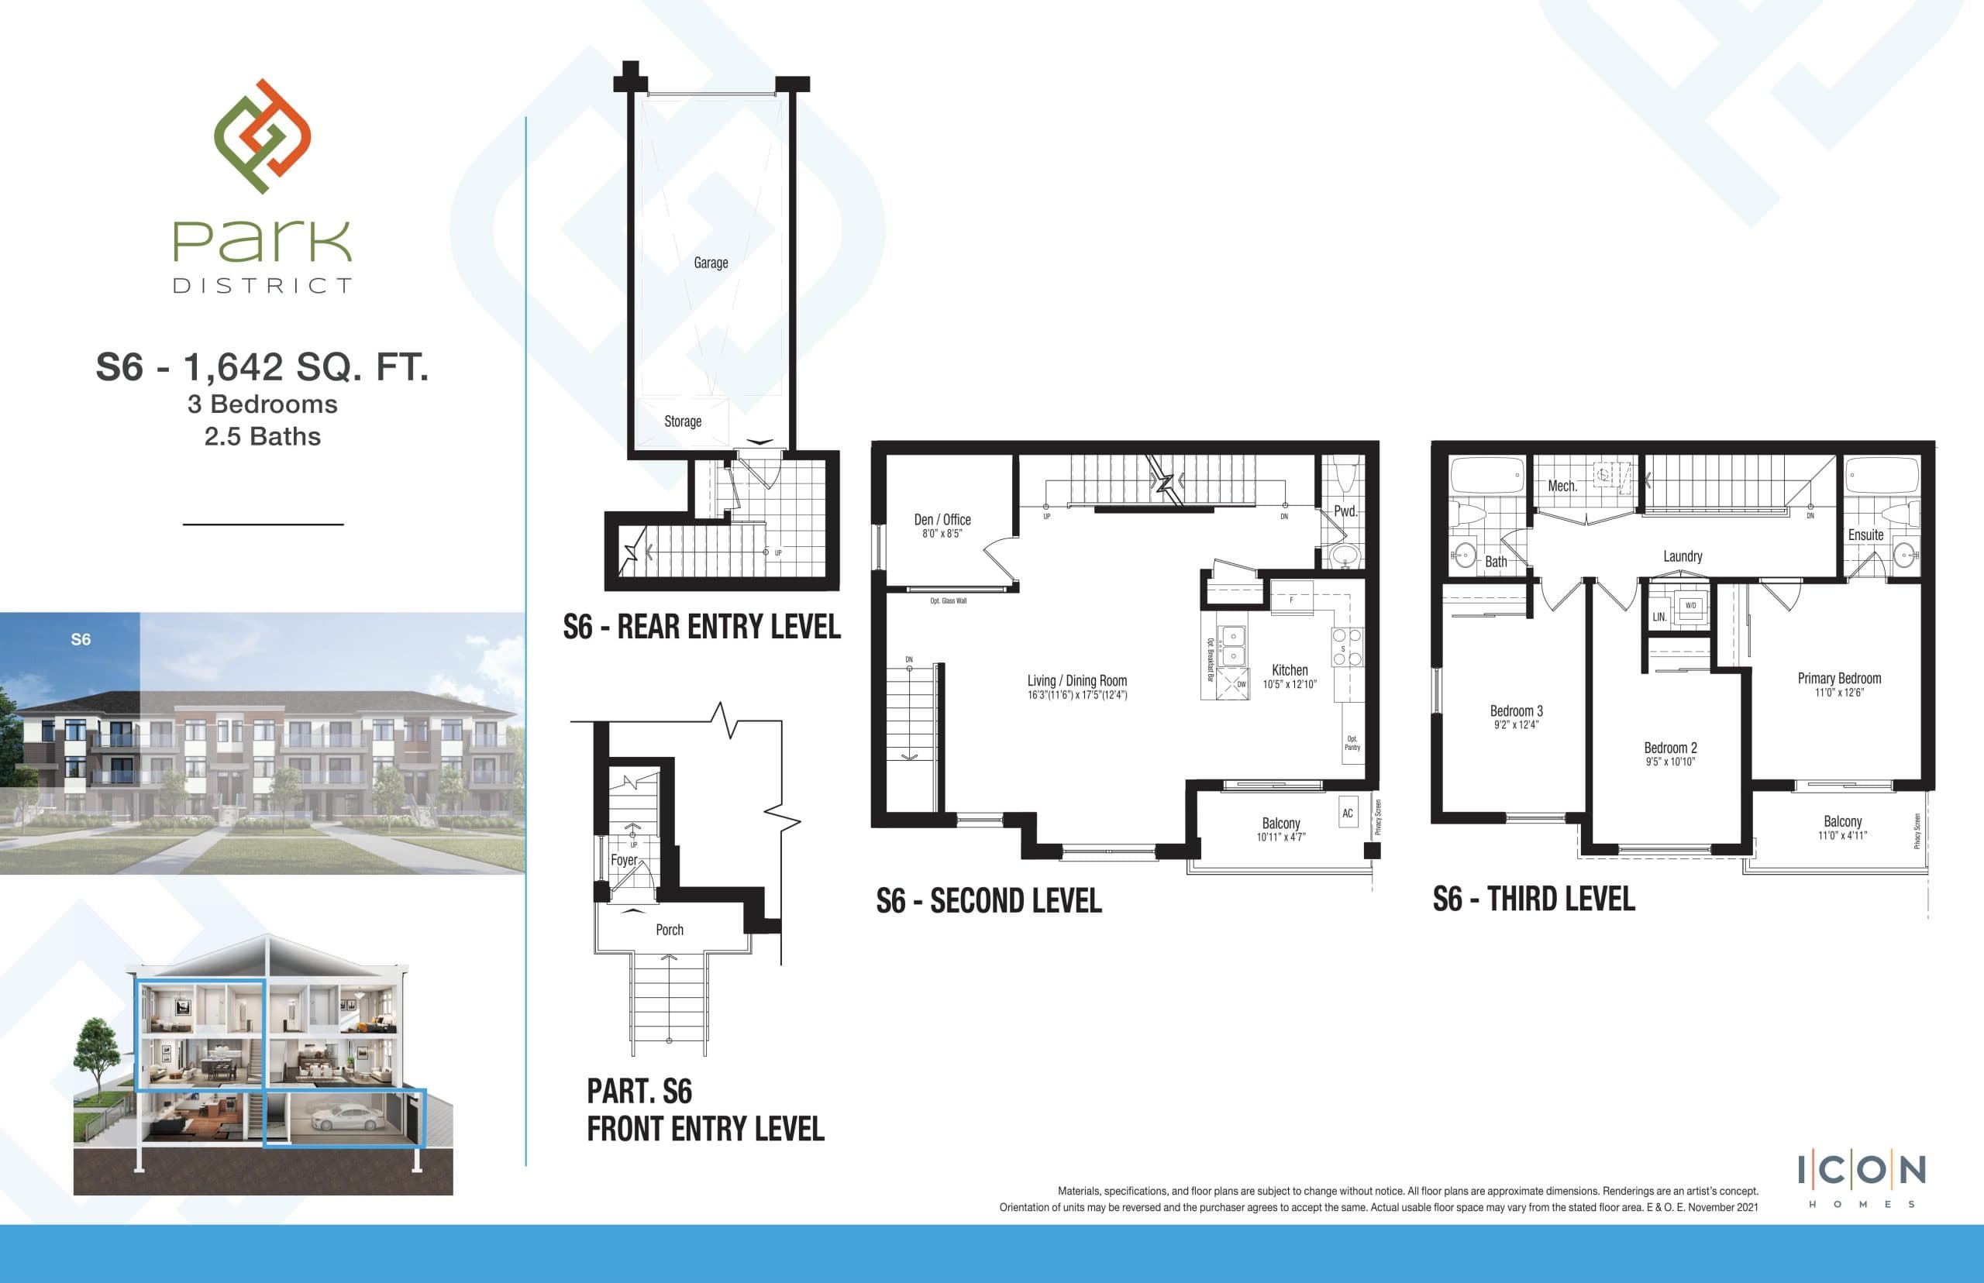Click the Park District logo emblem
[263, 136]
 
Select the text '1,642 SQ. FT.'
[305, 367]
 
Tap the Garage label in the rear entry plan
[711, 263]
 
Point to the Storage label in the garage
[683, 421]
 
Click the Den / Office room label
[942, 520]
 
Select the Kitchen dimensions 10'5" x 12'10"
[1289, 685]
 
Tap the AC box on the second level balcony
[1348, 813]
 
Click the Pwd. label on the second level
[1345, 511]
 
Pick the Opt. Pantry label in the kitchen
[1352, 743]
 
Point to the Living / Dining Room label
[1076, 681]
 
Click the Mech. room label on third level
[1562, 487]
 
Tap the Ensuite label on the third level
[1865, 535]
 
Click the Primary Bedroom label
[1839, 678]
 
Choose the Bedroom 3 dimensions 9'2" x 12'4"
[1516, 725]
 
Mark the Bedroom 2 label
[1670, 748]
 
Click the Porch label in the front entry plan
[669, 930]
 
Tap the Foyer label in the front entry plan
[623, 860]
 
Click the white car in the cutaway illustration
[350, 1118]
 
